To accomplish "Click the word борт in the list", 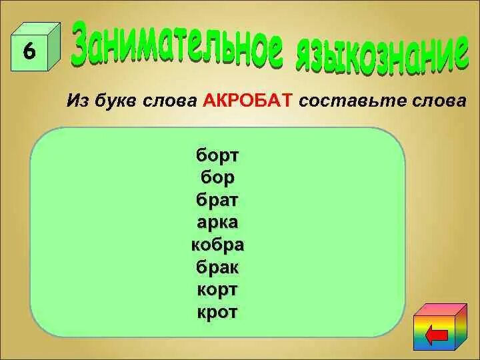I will [x=217, y=155].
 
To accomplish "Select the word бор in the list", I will [x=217, y=177].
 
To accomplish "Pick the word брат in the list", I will [x=217, y=200].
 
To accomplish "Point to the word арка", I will [x=217, y=222].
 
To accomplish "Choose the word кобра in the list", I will [x=217, y=245].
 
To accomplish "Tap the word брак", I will [x=217, y=267].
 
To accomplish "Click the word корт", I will [x=217, y=290].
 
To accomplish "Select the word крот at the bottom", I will [x=217, y=312].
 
